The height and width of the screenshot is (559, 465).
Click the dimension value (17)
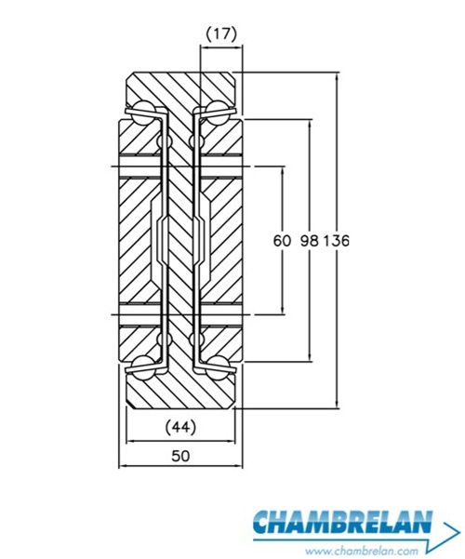click(221, 34)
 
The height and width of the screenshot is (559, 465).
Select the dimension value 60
click(282, 241)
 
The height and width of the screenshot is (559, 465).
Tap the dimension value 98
click(309, 241)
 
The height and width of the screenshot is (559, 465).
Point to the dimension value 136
click(336, 241)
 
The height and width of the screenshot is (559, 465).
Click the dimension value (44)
click(180, 427)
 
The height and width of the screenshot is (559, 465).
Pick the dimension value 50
click(180, 456)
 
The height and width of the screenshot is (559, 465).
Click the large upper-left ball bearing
click(142, 113)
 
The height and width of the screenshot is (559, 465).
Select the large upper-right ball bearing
click(218, 113)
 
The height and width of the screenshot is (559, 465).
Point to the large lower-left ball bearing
click(143, 368)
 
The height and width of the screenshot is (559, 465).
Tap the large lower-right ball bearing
click(218, 368)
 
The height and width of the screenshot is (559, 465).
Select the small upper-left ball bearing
click(164, 141)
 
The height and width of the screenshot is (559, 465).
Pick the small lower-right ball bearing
click(196, 339)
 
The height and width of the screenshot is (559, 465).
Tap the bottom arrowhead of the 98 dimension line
click(310, 358)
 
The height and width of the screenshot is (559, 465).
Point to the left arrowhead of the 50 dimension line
click(122, 466)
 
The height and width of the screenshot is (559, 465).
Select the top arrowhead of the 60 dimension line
click(283, 169)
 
